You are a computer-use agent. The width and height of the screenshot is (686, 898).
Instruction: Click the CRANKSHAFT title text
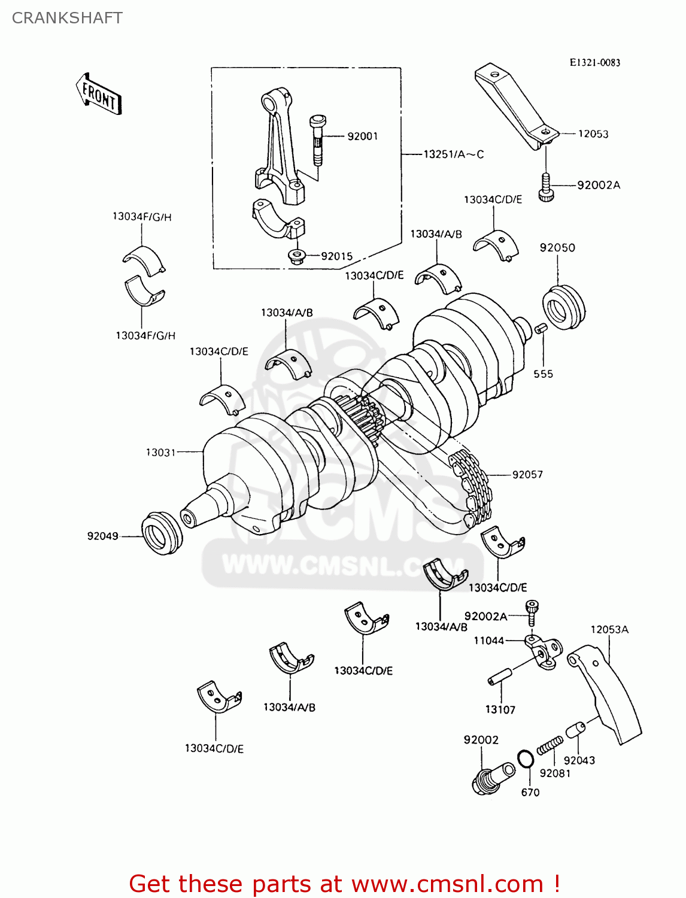click(67, 18)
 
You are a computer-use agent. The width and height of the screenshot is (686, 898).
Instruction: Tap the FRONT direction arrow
click(99, 95)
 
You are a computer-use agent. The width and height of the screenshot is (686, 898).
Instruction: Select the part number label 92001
click(363, 136)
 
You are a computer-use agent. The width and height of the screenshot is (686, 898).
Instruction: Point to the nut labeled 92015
click(296, 257)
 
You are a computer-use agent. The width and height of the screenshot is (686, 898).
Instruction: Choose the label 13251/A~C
click(453, 154)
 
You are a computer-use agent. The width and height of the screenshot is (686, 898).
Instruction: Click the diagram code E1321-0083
click(594, 62)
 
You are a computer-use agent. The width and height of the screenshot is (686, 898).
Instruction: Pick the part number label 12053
click(593, 134)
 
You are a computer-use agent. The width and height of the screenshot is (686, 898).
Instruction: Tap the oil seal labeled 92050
click(563, 308)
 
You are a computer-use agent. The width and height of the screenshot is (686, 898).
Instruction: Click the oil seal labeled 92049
click(162, 533)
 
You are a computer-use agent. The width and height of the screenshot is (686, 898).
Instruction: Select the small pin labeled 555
click(540, 329)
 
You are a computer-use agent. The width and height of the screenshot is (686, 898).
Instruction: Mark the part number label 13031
click(160, 453)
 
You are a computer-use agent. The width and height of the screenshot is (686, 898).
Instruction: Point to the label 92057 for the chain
click(527, 475)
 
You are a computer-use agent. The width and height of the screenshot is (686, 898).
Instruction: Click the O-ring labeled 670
click(525, 759)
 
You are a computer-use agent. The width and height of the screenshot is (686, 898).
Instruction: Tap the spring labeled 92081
click(550, 746)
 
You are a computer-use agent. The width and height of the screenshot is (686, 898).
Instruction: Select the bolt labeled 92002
click(493, 778)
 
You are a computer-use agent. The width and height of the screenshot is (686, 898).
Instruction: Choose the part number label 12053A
click(609, 630)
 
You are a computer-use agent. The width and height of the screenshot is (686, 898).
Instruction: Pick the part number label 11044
click(488, 641)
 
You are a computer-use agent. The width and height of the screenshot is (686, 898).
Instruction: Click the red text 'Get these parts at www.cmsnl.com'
click(344, 884)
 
